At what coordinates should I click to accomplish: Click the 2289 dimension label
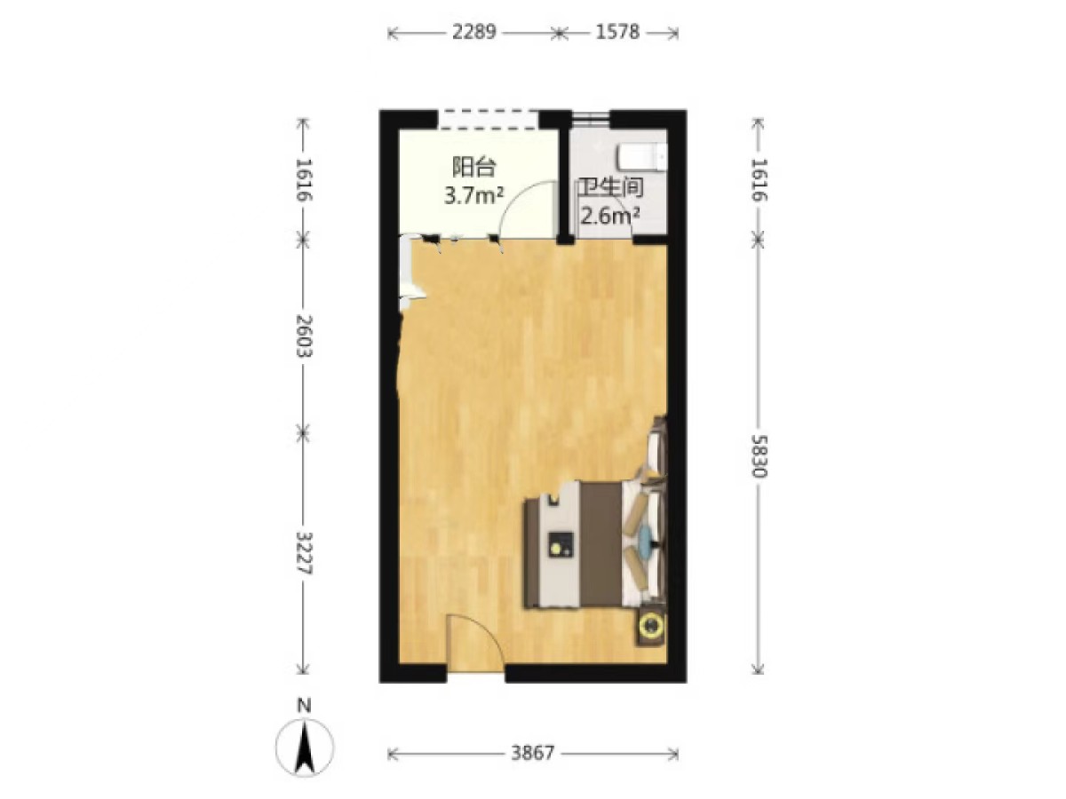pos(473,33)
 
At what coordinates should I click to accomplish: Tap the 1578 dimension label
pos(617,33)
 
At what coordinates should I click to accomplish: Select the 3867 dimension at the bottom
pos(533,753)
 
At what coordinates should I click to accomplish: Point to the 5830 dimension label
pos(758,455)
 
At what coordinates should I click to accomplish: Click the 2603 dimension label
pos(305,336)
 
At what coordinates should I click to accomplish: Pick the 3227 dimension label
pos(305,552)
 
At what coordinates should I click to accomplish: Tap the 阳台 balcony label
pos(473,168)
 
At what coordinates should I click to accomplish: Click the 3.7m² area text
pos(473,196)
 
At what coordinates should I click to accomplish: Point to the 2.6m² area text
pos(610,216)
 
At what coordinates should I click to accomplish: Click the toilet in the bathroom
pos(641,157)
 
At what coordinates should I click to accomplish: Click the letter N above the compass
pos(305,706)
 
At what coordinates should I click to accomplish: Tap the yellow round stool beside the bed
pos(649,625)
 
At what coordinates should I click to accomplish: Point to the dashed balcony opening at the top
pos(488,119)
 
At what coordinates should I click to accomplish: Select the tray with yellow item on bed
pos(560,545)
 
